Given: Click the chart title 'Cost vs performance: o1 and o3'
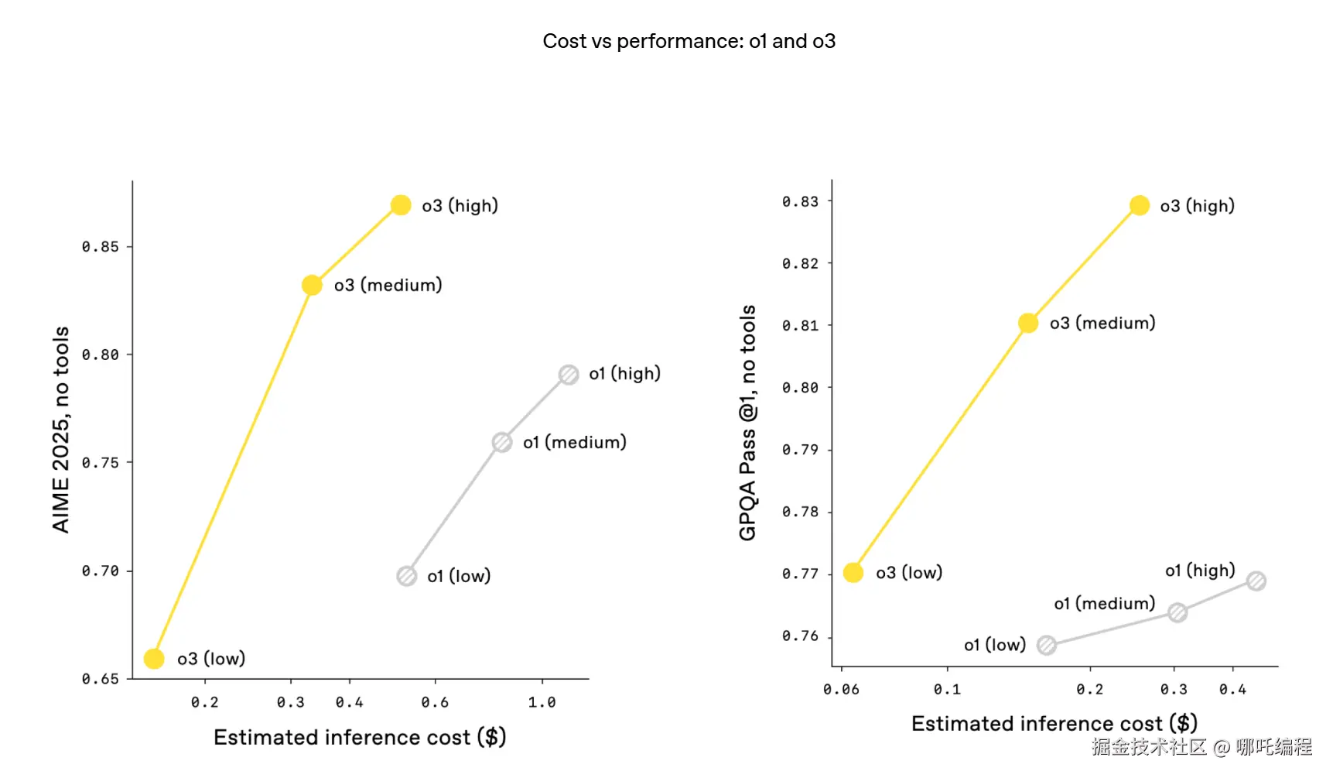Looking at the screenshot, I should (x=689, y=41).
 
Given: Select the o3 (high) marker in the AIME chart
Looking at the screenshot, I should (x=401, y=205).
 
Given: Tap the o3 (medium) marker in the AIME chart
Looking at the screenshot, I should (x=312, y=286).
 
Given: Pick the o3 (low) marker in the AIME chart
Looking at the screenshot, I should (x=154, y=659).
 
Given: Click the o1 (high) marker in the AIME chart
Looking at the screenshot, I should (x=569, y=375).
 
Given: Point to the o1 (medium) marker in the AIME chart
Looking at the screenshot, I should (x=502, y=443).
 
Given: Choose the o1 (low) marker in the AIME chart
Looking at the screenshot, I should (x=407, y=576).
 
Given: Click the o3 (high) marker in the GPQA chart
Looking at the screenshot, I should (x=1140, y=205).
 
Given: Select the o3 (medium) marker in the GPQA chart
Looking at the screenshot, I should (x=1028, y=323).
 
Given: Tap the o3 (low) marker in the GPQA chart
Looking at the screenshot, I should (x=853, y=573).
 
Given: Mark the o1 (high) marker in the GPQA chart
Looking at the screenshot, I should (x=1256, y=581).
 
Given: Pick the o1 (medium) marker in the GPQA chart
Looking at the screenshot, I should (x=1177, y=613).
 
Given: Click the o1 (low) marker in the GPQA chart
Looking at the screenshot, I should (x=1047, y=645).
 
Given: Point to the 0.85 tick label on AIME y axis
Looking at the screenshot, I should (x=101, y=247).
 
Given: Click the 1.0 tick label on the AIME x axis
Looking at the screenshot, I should (x=542, y=702).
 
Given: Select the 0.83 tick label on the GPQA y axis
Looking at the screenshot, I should (x=800, y=201).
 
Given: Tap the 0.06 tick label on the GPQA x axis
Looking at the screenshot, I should (x=841, y=689).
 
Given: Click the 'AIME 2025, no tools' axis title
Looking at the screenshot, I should (x=61, y=430).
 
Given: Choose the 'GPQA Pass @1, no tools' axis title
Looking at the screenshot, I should (x=747, y=423).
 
